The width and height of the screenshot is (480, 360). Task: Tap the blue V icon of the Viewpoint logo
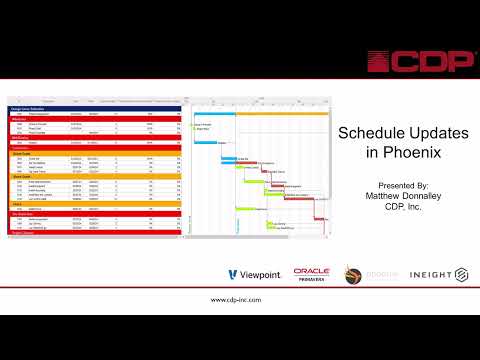tap(233, 274)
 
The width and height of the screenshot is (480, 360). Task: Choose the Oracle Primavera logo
tap(311, 274)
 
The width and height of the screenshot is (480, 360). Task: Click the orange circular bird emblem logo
tap(353, 274)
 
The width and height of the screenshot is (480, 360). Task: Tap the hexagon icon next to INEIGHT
tap(461, 274)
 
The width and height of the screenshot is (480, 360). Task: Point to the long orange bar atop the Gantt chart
tap(282, 113)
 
